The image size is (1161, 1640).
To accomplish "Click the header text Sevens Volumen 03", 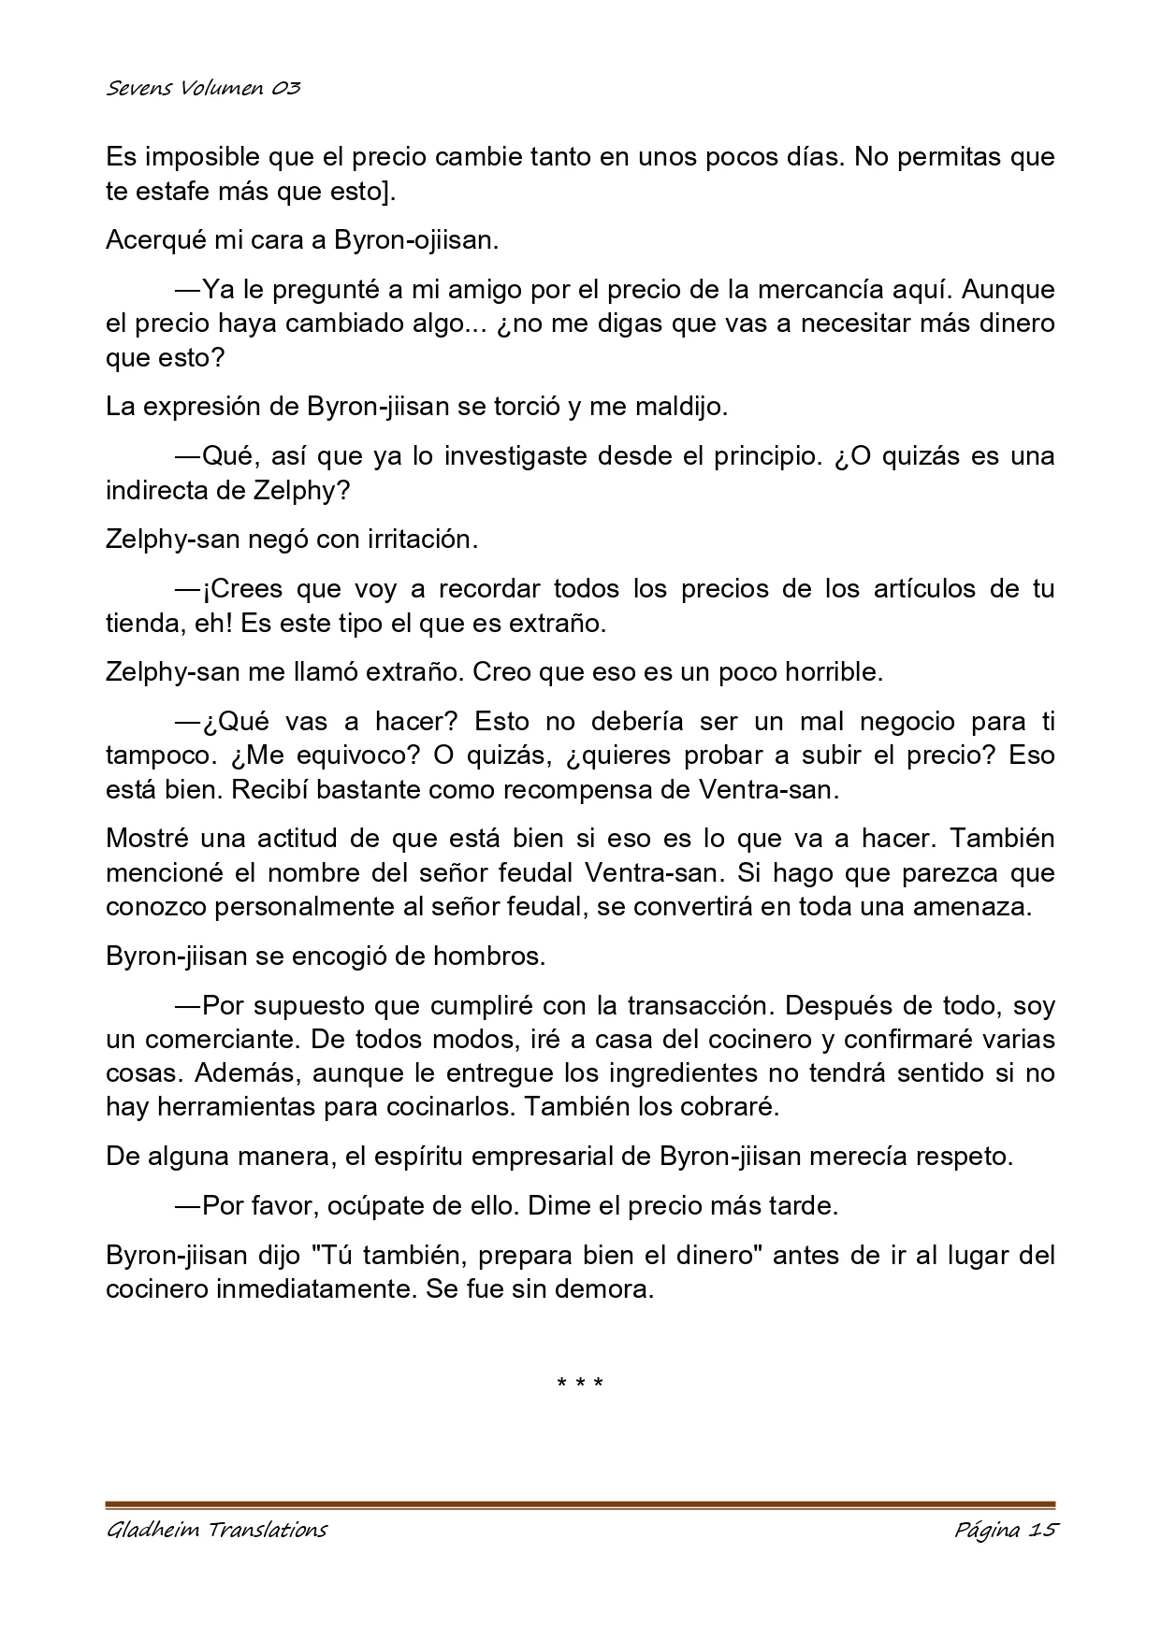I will tap(203, 89).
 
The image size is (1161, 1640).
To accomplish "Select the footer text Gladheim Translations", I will tap(216, 1531).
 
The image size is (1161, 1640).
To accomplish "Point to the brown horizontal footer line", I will tap(580, 1505).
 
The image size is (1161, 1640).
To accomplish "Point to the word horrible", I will tap(830, 672).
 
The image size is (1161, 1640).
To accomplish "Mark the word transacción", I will tap(701, 1006).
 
